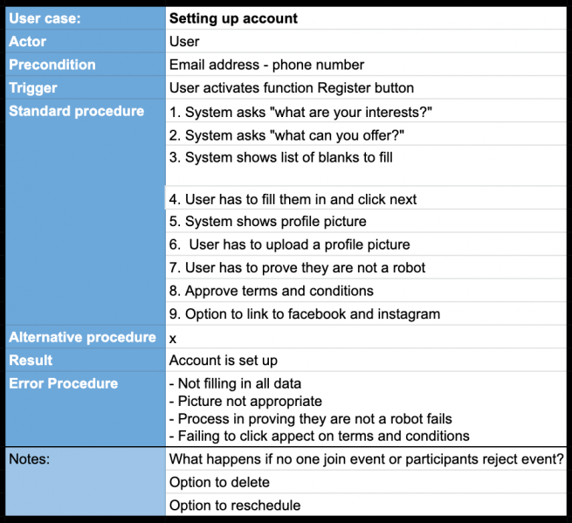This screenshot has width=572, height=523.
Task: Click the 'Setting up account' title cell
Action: [x=233, y=18]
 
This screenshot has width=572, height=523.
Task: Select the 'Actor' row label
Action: [x=28, y=41]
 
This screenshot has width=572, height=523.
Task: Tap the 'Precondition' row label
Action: [x=52, y=65]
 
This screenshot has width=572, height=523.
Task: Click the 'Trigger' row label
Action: [x=33, y=87]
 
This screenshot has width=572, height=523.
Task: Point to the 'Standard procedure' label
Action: [x=77, y=111]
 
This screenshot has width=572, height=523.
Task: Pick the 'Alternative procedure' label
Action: [x=82, y=337]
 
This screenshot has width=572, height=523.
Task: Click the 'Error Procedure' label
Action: [x=63, y=383]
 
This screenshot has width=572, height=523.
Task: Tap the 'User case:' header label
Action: [x=45, y=18]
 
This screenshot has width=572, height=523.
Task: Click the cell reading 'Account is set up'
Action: [x=224, y=360]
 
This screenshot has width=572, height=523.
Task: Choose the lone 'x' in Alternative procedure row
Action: [x=173, y=337]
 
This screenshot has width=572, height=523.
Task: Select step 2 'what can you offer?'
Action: [x=286, y=134]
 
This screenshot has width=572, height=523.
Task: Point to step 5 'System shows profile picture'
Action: [x=267, y=221]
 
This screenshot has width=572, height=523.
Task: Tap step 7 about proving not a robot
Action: [x=297, y=267]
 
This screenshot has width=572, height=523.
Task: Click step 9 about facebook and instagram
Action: [x=304, y=313]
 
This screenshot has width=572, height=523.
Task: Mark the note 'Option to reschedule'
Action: [x=234, y=505]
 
